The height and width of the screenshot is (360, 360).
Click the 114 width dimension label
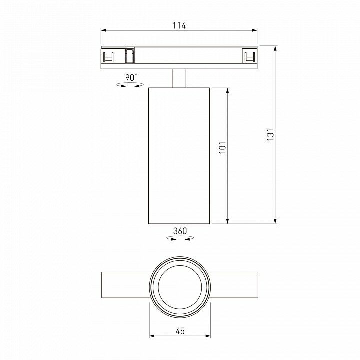click(x=179, y=25)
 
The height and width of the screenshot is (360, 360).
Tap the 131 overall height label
click(x=270, y=135)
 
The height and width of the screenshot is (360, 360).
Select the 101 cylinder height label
click(x=222, y=147)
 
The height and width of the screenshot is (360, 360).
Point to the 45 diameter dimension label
click(x=180, y=331)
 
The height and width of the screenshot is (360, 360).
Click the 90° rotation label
click(x=131, y=77)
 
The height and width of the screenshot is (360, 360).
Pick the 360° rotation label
click(x=180, y=231)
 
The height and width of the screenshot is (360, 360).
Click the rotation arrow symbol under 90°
click(x=130, y=85)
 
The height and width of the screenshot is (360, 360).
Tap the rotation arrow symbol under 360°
click(x=180, y=238)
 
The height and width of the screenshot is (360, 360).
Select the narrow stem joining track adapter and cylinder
click(x=179, y=78)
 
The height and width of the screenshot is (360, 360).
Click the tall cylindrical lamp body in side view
click(x=179, y=156)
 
